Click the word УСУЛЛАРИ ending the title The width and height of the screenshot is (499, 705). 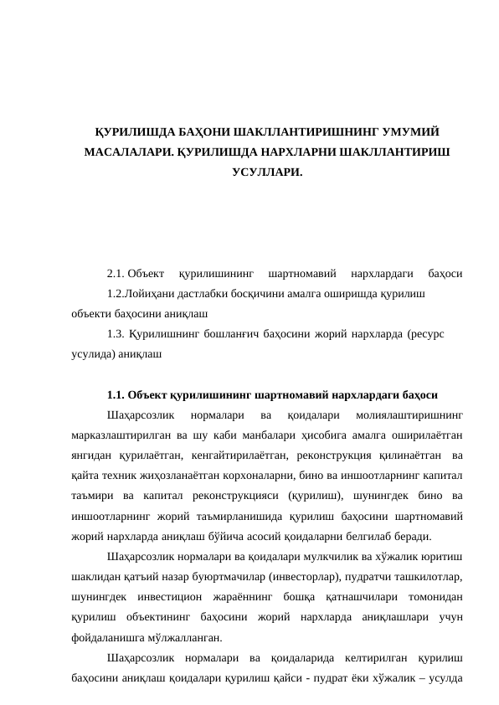(266, 172)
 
